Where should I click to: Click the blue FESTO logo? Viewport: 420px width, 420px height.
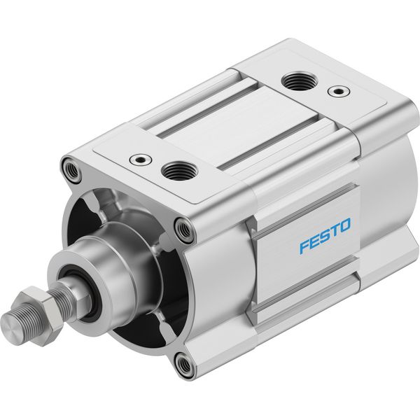(325, 236)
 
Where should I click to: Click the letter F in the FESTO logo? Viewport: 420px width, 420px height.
(304, 246)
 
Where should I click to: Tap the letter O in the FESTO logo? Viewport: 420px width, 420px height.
(344, 225)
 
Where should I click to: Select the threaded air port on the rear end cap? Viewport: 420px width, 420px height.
(300, 80)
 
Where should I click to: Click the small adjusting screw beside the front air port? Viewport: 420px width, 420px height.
(141, 160)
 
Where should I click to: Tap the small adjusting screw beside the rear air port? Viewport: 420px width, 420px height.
(339, 91)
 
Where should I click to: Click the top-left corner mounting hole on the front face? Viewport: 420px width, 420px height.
(71, 169)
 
